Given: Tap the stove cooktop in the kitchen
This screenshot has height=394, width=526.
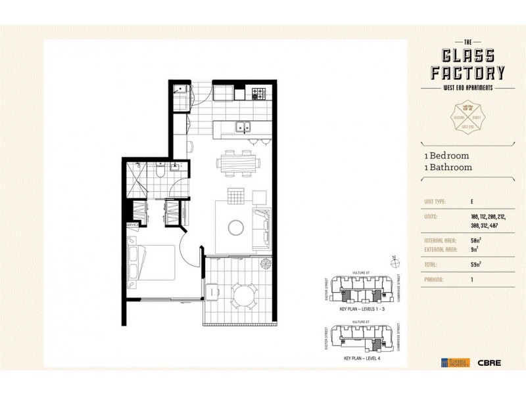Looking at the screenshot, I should (x=257, y=93).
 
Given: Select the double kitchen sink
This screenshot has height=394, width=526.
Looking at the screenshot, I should (x=242, y=127).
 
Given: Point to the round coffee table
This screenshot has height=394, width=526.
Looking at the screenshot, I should (x=235, y=227).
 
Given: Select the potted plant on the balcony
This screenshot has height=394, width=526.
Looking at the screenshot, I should (x=266, y=264).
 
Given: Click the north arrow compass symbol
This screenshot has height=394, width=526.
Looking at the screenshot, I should (x=394, y=262).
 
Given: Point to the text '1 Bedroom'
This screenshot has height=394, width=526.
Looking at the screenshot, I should (x=446, y=156).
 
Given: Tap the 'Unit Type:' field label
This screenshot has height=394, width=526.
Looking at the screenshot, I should (x=435, y=201).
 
